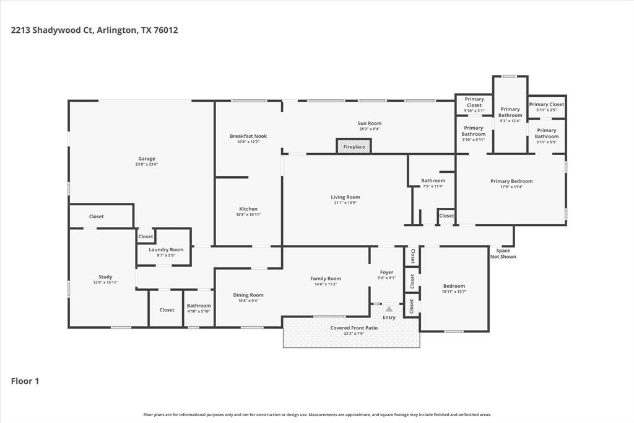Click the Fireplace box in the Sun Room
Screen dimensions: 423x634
(354, 147)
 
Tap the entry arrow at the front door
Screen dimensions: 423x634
(389, 309)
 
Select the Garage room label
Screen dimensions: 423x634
(147, 159)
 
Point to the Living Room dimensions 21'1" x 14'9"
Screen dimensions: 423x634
(345, 203)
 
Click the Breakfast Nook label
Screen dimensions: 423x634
(248, 136)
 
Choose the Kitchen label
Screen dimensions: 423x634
(248, 209)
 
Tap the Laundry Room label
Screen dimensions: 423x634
(166, 249)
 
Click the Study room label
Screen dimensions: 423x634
(105, 277)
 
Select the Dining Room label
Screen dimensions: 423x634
(248, 295)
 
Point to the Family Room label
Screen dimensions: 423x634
(326, 278)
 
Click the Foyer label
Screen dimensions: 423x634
(386, 272)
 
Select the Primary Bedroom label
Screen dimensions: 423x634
(511, 181)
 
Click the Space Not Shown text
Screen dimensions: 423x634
(503, 254)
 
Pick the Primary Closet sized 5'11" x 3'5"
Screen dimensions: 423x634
(546, 105)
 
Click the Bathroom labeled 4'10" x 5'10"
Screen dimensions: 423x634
(199, 306)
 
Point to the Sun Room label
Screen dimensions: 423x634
(369, 123)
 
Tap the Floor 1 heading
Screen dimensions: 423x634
(25, 381)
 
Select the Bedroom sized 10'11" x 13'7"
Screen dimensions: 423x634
(453, 287)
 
